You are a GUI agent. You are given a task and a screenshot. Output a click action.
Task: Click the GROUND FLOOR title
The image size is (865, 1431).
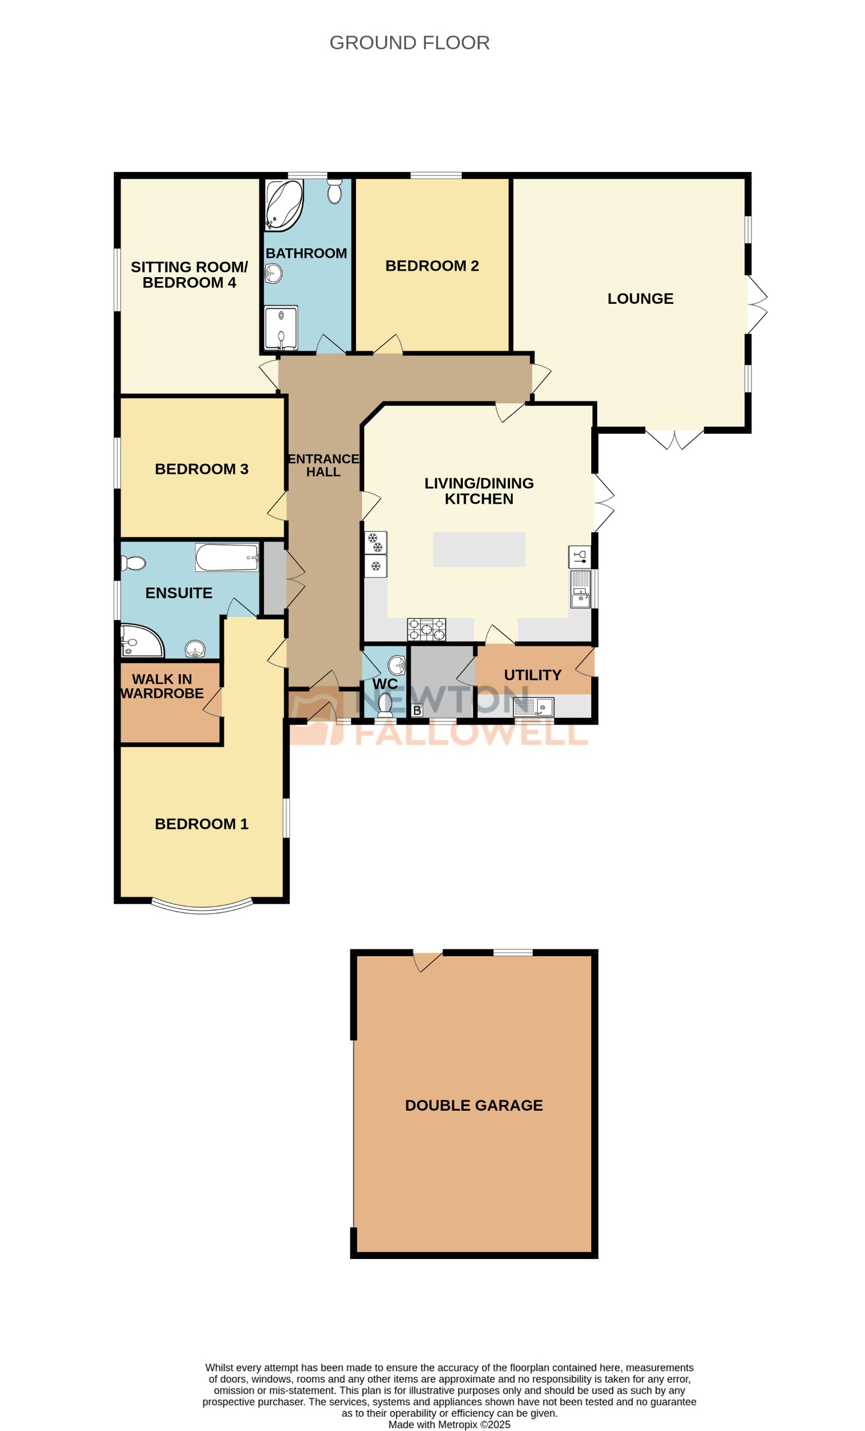tap(409, 43)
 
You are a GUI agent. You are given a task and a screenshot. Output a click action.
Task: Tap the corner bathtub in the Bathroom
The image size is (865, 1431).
tap(283, 205)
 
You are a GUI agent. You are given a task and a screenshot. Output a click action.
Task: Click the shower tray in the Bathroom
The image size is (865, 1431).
tap(281, 328)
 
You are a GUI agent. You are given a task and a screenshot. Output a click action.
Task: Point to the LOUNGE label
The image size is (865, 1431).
tap(640, 299)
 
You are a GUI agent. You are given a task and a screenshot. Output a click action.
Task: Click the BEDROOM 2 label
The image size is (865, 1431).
tap(432, 265)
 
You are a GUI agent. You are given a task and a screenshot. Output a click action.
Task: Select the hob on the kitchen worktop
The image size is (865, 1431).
tap(426, 629)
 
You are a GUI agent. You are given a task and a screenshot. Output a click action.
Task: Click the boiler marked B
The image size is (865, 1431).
tap(416, 710)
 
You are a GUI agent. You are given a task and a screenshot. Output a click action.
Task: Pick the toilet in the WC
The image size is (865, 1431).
tap(385, 705)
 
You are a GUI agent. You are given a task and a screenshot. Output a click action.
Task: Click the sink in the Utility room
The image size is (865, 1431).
tap(533, 707)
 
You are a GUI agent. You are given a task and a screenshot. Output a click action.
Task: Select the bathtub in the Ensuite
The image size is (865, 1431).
tap(227, 557)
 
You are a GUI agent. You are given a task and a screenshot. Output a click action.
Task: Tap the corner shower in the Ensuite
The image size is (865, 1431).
tap(139, 641)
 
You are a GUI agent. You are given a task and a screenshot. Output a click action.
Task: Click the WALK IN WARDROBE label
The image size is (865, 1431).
tap(162, 686)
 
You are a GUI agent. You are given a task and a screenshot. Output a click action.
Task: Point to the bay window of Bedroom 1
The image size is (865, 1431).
tap(202, 907)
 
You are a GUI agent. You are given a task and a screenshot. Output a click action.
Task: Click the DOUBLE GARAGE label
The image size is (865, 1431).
tap(474, 1105)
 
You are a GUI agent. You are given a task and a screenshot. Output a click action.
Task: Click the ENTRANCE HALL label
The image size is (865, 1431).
tap(324, 465)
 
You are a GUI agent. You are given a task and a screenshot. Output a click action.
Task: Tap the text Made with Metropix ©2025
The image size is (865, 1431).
tap(449, 1424)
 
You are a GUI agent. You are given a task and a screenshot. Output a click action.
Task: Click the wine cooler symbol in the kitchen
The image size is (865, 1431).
tap(579, 556)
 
